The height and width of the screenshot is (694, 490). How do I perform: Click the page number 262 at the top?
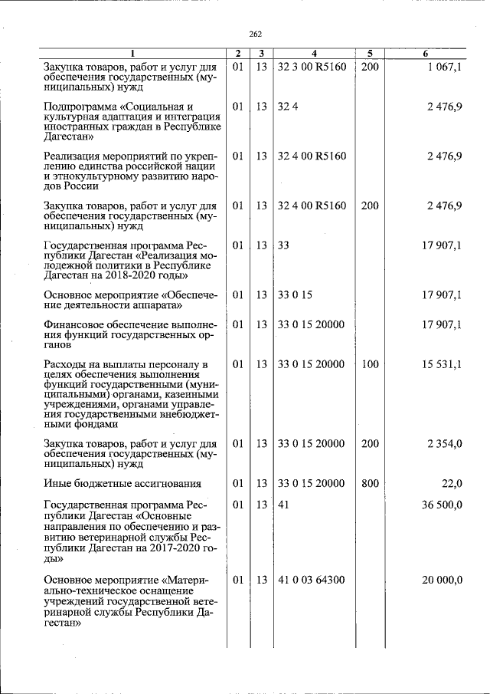click(x=256, y=34)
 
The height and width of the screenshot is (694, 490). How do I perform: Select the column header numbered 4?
click(x=314, y=54)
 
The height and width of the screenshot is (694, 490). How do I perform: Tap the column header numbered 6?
click(x=426, y=54)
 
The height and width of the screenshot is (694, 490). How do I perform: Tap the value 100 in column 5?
click(x=370, y=364)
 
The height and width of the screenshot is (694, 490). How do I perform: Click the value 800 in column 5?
click(x=370, y=483)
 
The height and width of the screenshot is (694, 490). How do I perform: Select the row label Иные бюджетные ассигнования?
click(x=122, y=484)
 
